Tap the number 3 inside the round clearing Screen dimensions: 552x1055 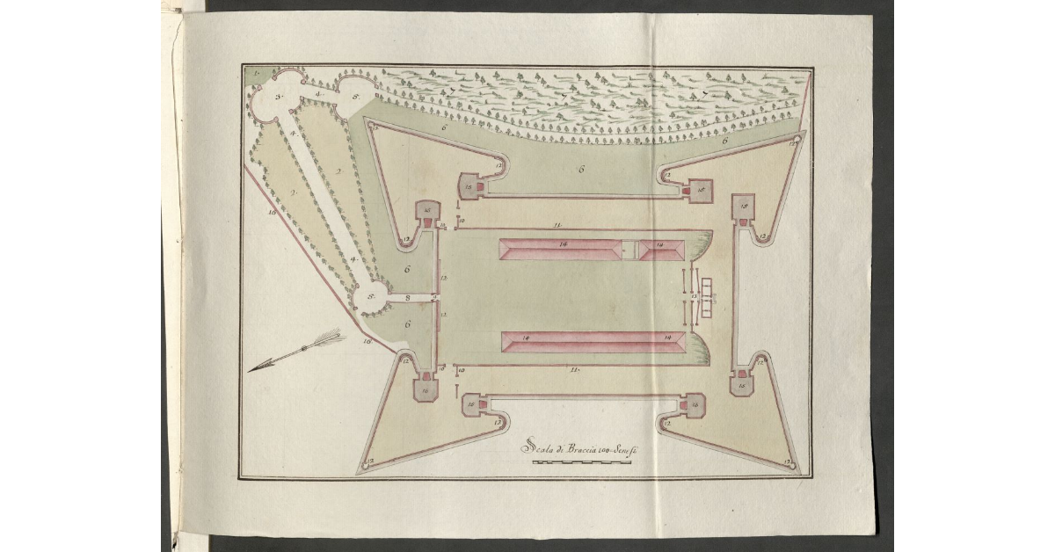pos(278,98)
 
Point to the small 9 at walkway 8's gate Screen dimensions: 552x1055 pos(434,299)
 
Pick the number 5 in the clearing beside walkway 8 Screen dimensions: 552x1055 pos(371,297)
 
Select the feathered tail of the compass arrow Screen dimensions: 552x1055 pos(330,338)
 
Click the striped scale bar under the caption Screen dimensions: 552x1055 pos(582,461)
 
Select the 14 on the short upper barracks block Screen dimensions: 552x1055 pos(658,245)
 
